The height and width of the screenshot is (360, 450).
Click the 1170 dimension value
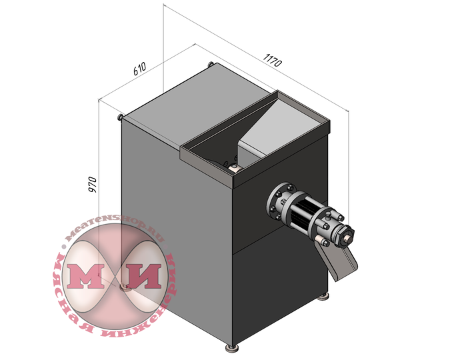pos(273,60)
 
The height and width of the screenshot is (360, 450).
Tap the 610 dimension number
pos(140,69)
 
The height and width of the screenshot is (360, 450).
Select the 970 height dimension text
pos(93,185)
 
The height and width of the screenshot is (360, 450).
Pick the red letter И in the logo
pos(143,276)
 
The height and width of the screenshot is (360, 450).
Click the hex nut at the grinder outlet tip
pos(347,237)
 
